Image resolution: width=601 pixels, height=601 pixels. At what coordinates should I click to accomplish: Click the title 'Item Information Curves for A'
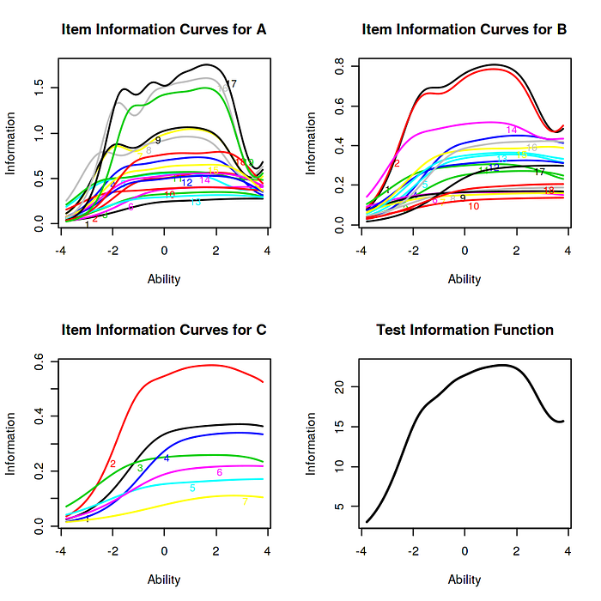click(163, 30)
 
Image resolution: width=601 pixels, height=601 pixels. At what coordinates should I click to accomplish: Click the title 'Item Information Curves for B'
click(464, 30)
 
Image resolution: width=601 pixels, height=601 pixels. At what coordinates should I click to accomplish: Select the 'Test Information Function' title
click(464, 330)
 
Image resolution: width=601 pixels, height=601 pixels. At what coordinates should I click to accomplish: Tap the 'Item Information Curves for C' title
click(163, 330)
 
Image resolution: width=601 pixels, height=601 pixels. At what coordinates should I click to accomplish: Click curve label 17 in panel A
click(230, 83)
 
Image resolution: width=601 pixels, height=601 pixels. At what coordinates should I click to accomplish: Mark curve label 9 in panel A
click(158, 140)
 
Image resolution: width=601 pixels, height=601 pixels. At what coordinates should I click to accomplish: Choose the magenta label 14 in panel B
click(512, 130)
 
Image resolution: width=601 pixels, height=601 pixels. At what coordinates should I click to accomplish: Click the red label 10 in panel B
click(474, 206)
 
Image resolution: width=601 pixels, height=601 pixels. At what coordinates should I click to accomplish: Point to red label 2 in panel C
click(112, 464)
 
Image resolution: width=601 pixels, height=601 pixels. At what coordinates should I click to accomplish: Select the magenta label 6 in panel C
click(220, 472)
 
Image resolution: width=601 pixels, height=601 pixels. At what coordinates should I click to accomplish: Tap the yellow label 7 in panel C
click(245, 501)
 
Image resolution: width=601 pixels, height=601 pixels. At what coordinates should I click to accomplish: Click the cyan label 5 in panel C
click(192, 489)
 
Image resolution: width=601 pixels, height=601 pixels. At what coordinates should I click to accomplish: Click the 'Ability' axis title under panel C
click(164, 580)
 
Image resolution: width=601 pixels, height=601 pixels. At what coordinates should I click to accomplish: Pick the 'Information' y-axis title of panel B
click(312, 143)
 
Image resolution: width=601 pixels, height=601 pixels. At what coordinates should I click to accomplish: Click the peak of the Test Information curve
click(504, 365)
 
